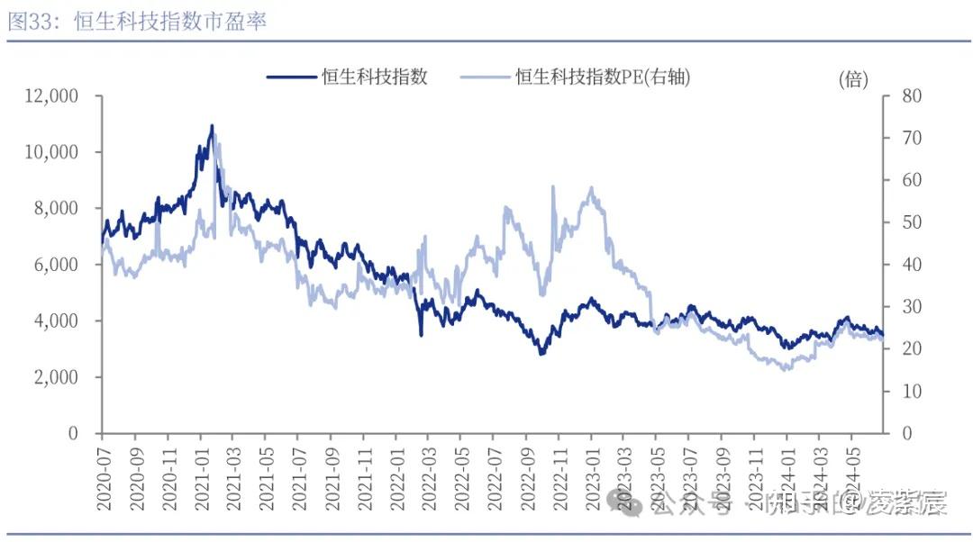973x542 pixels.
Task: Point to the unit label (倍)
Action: pos(852,79)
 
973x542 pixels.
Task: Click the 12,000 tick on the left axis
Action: pos(52,95)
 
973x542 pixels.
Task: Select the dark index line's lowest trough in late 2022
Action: pos(541,353)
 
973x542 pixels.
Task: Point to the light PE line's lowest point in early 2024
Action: pos(786,369)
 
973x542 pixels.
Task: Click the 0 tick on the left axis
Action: pos(85,433)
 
